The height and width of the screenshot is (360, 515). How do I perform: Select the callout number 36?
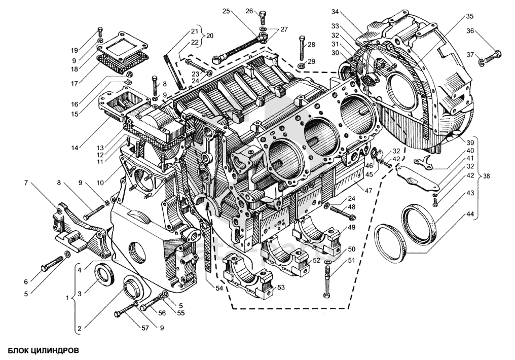coord(470,31)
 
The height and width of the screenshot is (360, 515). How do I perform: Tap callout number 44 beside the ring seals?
coord(470,214)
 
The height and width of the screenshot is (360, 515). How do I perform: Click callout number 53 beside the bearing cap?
coord(280,287)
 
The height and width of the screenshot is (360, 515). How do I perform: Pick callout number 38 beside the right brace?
coord(486,176)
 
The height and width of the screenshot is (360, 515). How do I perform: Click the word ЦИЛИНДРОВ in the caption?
coord(56,350)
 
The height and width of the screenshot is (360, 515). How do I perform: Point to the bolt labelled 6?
coord(52,263)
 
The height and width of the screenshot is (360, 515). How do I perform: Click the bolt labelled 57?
coord(125,310)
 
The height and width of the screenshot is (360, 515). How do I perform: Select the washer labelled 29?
coord(302,64)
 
